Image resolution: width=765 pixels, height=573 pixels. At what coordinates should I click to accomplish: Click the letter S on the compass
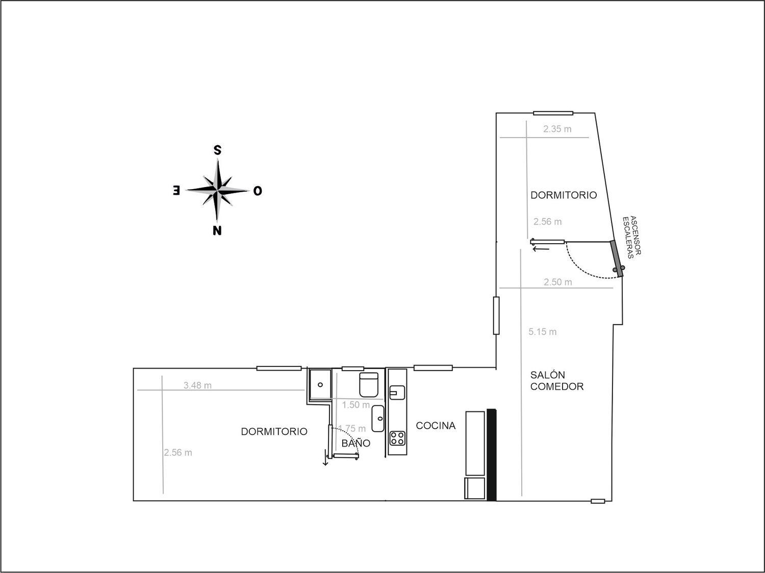[217, 150]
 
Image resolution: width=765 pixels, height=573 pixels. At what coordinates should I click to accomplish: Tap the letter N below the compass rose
[217, 230]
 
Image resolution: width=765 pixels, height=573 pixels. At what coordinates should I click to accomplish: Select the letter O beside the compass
[258, 191]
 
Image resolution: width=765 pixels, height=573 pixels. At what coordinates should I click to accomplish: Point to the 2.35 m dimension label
[557, 129]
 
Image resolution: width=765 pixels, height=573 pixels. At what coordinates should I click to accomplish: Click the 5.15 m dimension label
[542, 331]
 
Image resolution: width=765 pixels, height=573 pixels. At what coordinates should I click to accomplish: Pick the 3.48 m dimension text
[197, 385]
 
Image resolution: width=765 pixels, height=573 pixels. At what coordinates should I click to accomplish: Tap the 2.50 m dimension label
[558, 282]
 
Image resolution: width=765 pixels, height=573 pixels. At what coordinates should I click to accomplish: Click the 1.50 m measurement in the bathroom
[356, 405]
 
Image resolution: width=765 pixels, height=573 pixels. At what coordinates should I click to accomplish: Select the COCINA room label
[436, 425]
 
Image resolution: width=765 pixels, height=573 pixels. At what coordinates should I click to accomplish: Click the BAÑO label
[356, 443]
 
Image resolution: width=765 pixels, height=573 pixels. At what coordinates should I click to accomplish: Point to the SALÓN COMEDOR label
[557, 381]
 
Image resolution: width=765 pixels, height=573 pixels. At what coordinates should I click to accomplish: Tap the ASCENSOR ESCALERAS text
[631, 237]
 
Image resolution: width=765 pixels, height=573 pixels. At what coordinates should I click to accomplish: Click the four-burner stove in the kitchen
[398, 438]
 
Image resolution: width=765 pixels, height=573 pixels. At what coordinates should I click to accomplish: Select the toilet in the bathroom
[369, 384]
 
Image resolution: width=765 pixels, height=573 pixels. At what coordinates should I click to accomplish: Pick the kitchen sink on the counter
[397, 393]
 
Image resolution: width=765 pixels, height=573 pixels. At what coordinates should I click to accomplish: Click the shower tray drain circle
[320, 384]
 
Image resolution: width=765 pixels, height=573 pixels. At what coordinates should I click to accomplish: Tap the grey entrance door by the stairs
[617, 259]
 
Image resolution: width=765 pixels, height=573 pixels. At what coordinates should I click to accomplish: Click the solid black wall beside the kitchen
[492, 455]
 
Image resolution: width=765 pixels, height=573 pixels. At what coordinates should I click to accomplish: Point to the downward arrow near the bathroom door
[325, 458]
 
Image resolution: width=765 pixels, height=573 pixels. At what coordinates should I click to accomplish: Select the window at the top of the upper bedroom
[553, 113]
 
